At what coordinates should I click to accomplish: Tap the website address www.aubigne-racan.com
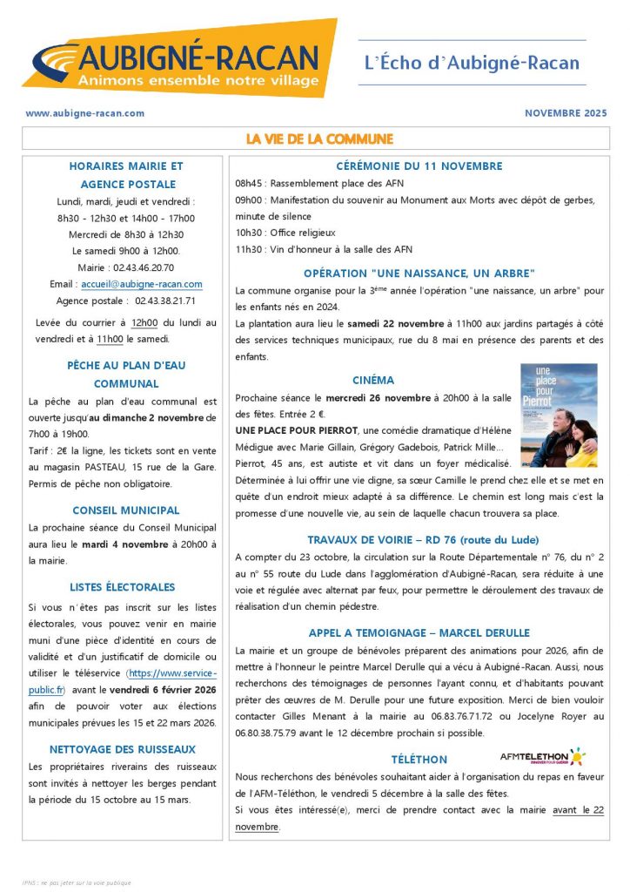84,113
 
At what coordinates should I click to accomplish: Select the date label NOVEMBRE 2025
566,113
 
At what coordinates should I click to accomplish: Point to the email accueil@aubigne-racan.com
153,284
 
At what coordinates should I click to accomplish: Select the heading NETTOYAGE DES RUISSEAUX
122,749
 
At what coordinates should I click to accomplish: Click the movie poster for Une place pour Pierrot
559,415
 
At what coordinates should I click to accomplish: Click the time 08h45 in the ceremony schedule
250,184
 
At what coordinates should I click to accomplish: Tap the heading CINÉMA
373,381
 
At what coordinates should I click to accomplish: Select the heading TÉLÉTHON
419,760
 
